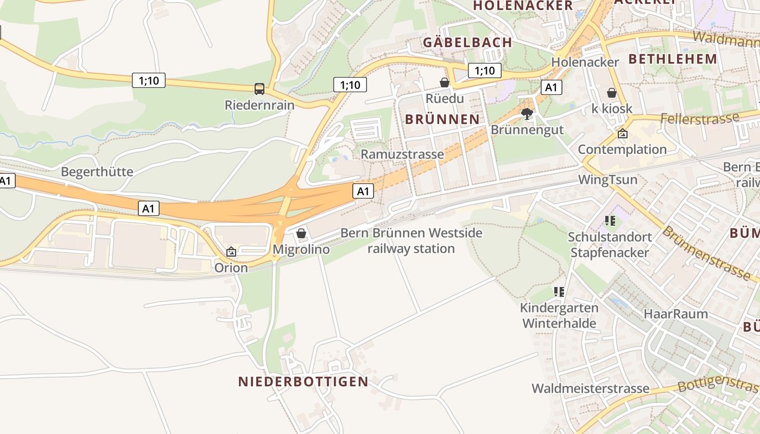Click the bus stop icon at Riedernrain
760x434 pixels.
pyautogui.click(x=259, y=88)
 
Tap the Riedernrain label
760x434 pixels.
pyautogui.click(x=259, y=105)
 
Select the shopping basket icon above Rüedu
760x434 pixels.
pyautogui.click(x=445, y=82)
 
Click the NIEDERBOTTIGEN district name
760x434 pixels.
pyautogui.click(x=303, y=381)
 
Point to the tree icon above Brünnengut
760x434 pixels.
pyautogui.click(x=527, y=114)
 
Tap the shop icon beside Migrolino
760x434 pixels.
pyautogui.click(x=301, y=233)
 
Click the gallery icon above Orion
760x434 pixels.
pyautogui.click(x=231, y=252)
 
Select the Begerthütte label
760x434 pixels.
pyautogui.click(x=97, y=172)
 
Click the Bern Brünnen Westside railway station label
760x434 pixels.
pyautogui.click(x=411, y=241)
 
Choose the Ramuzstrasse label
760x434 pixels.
pyautogui.click(x=402, y=154)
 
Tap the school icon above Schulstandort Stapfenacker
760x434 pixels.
pyautogui.click(x=610, y=221)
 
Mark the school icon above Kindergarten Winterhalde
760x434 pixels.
pyautogui.click(x=559, y=292)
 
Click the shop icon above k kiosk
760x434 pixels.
pyautogui.click(x=612, y=93)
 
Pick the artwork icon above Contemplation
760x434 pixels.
pyautogui.click(x=623, y=133)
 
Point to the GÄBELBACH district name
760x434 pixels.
pyautogui.click(x=467, y=42)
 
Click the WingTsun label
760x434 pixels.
pyautogui.click(x=608, y=180)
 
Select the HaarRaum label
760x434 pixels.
pyautogui.click(x=676, y=314)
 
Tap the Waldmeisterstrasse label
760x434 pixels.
pyautogui.click(x=590, y=388)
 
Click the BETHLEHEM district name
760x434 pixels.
pyautogui.click(x=673, y=59)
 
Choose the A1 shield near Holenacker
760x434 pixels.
pyautogui.click(x=551, y=87)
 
